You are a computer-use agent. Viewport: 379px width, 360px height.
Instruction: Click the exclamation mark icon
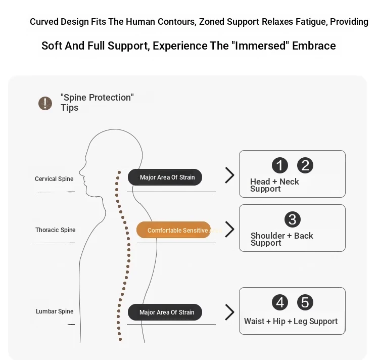pyautogui.click(x=45, y=104)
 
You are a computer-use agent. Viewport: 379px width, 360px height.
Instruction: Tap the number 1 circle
pyautogui.click(x=280, y=165)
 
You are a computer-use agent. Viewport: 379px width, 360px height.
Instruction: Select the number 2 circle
pyautogui.click(x=305, y=165)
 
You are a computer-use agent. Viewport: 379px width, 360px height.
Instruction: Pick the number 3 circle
pyautogui.click(x=293, y=219)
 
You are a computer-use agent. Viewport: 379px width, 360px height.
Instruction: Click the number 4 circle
pyautogui.click(x=280, y=302)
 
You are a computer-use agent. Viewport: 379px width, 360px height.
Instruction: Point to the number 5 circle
pyautogui.click(x=305, y=302)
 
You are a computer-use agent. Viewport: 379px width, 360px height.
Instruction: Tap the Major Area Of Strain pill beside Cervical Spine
pyautogui.click(x=165, y=177)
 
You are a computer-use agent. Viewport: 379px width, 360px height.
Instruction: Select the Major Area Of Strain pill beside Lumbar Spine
pyautogui.click(x=165, y=312)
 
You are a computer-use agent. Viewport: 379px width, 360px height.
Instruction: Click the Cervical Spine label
pyautogui.click(x=54, y=179)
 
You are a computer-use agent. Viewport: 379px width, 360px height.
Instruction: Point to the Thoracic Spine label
pyautogui.click(x=55, y=230)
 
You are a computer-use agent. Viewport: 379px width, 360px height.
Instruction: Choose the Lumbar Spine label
pyautogui.click(x=55, y=311)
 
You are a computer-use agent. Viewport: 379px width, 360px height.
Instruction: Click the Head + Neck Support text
pyautogui.click(x=274, y=185)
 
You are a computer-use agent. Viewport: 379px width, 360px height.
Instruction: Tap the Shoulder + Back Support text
pyautogui.click(x=281, y=239)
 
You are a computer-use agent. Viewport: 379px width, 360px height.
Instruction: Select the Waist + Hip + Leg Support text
pyautogui.click(x=291, y=321)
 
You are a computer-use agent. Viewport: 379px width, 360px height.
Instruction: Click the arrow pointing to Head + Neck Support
pyautogui.click(x=230, y=175)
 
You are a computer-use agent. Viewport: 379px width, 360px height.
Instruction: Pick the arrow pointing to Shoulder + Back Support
pyautogui.click(x=230, y=229)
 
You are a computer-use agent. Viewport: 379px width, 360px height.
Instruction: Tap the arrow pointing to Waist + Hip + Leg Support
pyautogui.click(x=230, y=312)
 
